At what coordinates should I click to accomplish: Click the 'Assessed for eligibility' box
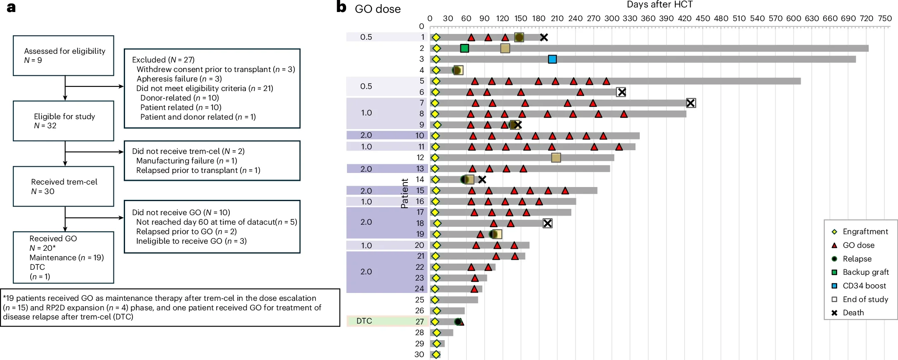click(x=63, y=55)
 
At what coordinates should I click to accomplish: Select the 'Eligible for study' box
click(x=63, y=121)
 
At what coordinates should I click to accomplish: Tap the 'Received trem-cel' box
click(x=63, y=186)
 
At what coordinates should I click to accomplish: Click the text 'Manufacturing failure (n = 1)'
click(x=187, y=161)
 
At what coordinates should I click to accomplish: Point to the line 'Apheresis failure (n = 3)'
click(x=179, y=79)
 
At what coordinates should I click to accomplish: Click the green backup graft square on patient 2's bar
click(x=465, y=48)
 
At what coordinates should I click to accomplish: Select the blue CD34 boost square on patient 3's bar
click(x=552, y=59)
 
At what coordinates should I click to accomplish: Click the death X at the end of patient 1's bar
click(x=544, y=37)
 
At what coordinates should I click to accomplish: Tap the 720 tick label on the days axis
click(x=867, y=18)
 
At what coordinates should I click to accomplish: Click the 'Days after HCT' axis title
click(x=660, y=5)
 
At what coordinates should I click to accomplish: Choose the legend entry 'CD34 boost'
click(x=864, y=286)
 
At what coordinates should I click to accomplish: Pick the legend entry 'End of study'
click(x=866, y=299)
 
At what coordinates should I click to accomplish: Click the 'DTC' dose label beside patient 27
click(x=364, y=321)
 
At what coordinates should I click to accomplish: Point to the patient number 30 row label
click(x=419, y=354)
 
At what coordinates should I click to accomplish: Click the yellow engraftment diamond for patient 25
click(x=435, y=300)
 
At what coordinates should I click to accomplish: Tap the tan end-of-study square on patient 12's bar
click(x=556, y=158)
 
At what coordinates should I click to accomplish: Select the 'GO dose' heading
click(x=378, y=9)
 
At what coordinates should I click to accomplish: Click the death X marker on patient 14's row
click(x=482, y=180)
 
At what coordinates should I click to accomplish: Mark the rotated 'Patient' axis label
click(x=404, y=193)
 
